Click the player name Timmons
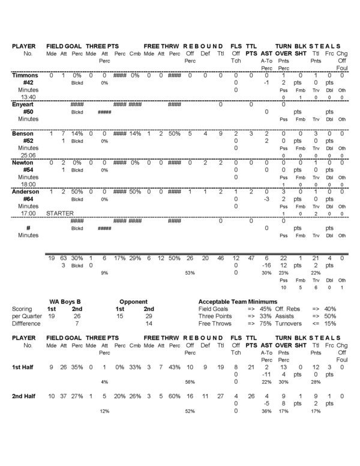tap(25, 75)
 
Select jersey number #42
tap(28, 82)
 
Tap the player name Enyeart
tap(25, 104)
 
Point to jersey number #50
tap(28, 111)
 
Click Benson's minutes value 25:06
tap(28, 154)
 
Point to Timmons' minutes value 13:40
tap(28, 97)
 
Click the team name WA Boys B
tap(65, 301)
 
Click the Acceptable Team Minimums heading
tap(238, 301)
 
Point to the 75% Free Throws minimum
tap(265, 322)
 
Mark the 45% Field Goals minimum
tap(265, 308)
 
